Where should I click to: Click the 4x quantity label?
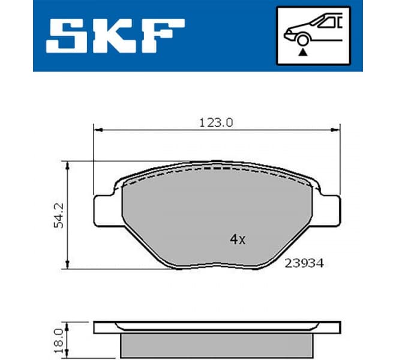238,239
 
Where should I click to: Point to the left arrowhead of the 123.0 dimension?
98,128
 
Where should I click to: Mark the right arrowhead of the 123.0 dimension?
335,128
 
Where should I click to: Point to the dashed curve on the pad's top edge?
216,170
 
